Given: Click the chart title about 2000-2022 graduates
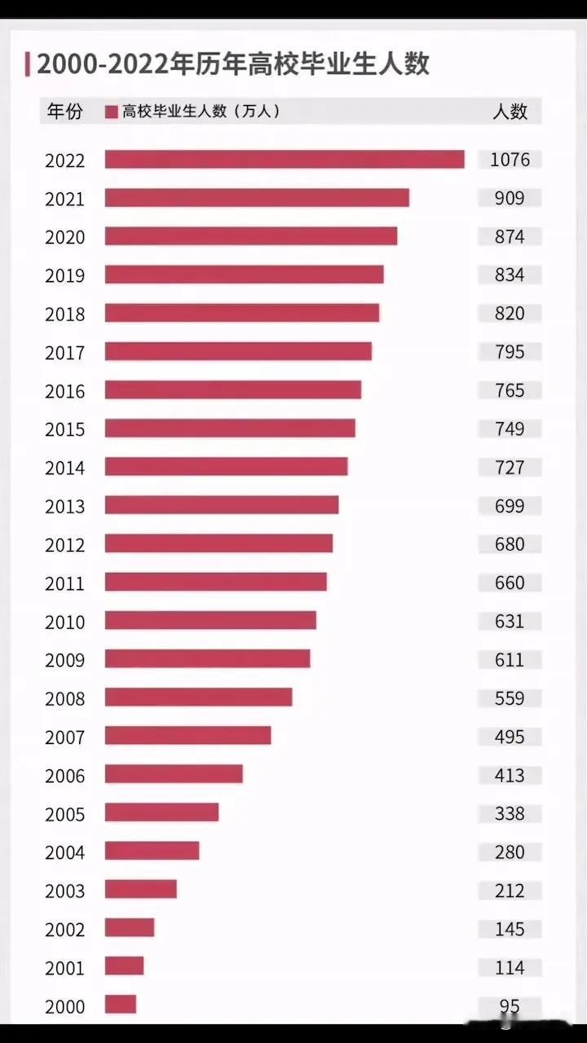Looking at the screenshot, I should pos(232,63).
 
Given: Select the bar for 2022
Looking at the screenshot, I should pos(285,160).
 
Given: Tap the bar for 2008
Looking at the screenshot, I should pos(198,698).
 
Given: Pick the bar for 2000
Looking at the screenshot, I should pos(121,1005).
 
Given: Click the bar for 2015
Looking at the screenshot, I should pos(230,429).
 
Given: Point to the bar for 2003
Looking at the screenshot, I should pos(141,889).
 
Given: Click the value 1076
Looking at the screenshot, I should pos(510,160).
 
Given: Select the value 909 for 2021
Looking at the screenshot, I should pos(510,198).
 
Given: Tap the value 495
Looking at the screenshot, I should pos(510,737).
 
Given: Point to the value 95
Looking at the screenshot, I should pos(510,1006).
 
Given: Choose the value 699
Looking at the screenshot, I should pos(510,506).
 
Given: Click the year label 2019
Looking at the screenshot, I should pos(65,275).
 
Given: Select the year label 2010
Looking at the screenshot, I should pos(65,622).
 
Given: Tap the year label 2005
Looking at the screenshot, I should pos(65,814).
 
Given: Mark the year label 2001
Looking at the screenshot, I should pos(65,968).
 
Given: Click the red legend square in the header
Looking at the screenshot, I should pos(112,112).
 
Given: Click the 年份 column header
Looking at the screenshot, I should pos(65,112).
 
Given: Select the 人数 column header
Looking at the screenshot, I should pos(510,112).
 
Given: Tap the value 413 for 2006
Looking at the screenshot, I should pos(510,775).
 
